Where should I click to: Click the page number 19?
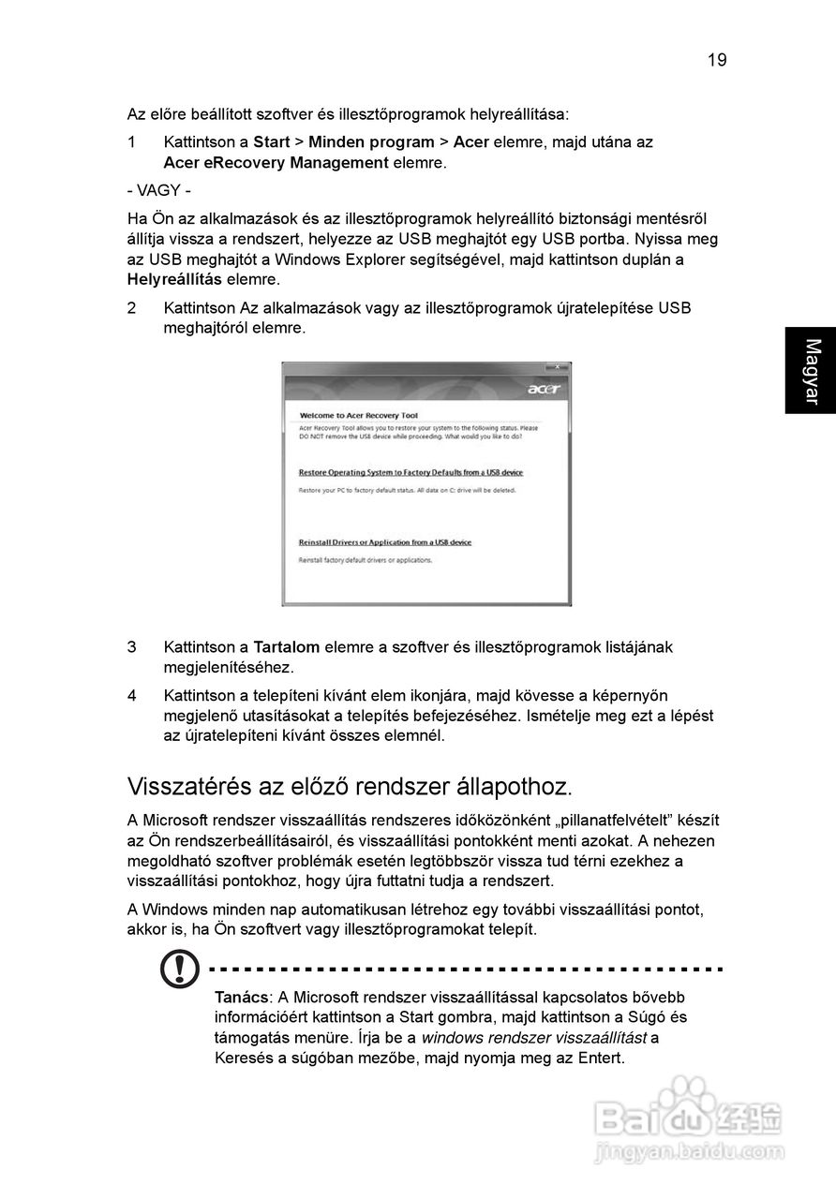[717, 60]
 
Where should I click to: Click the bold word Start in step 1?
[272, 142]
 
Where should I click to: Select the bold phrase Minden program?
[370, 142]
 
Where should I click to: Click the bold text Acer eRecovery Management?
[276, 163]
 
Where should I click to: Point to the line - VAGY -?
[159, 190]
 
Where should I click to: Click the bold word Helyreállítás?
[174, 279]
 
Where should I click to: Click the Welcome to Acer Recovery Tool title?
[358, 415]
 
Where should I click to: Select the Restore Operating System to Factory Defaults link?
[411, 472]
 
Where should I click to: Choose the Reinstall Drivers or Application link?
[384, 542]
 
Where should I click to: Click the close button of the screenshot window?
[557, 366]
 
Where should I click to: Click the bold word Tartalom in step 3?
[287, 647]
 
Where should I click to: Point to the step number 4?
[132, 695]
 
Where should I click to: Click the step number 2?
[132, 308]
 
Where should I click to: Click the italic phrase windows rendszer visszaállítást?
[533, 1038]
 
